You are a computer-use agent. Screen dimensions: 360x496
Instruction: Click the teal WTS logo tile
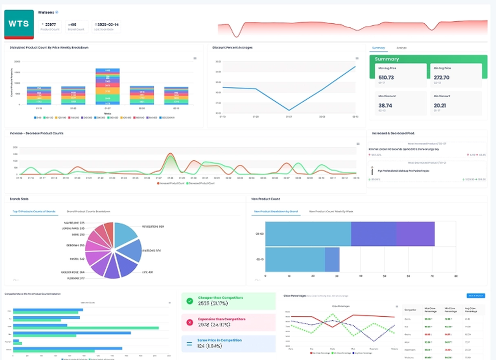point(19,23)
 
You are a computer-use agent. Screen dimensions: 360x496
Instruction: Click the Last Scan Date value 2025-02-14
point(108,24)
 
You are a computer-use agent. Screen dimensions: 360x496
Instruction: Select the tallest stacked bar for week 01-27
point(104,87)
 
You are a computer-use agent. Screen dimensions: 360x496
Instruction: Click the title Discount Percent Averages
point(233,48)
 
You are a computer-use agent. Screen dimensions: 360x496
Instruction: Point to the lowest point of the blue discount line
point(289,110)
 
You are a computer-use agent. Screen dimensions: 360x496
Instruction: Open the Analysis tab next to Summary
point(401,48)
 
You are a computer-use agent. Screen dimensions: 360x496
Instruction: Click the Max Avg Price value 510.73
point(386,77)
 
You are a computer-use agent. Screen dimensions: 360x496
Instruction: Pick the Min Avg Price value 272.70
point(441,77)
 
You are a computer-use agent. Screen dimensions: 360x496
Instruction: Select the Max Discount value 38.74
point(385,105)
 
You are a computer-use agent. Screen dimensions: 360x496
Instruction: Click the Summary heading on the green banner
point(387,59)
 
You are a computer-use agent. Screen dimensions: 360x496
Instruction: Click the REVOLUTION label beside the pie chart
point(154,227)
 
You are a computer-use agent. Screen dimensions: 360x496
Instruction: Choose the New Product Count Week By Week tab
point(331,211)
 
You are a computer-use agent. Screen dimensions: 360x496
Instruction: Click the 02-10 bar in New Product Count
point(302,259)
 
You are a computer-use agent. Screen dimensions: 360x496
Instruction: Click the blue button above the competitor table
point(476,296)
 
